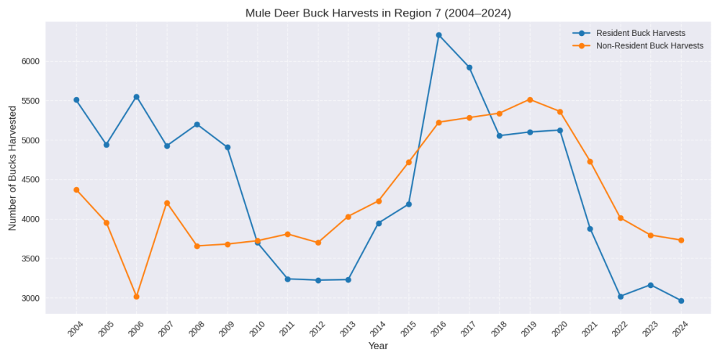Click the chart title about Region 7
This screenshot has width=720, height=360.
pos(378,13)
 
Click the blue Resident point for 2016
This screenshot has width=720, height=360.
pos(438,35)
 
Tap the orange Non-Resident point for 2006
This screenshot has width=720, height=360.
pos(136,297)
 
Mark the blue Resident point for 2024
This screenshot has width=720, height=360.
pos(680,301)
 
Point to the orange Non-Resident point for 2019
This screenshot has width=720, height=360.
pos(529,99)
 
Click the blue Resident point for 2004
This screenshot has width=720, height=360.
pos(76,100)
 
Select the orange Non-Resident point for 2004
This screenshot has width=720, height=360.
pos(76,189)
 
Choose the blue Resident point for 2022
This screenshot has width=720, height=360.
pos(621,296)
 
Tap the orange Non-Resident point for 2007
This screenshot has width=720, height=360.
pos(167,203)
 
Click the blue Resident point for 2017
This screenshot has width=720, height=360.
pos(469,67)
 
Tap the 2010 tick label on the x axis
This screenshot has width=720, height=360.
pos(256,330)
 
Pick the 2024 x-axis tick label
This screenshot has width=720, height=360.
pos(680,330)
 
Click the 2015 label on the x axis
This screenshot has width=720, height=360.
pos(408,330)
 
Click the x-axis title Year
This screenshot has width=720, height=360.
pos(378,346)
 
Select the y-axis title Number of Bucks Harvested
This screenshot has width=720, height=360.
pos(12,168)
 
